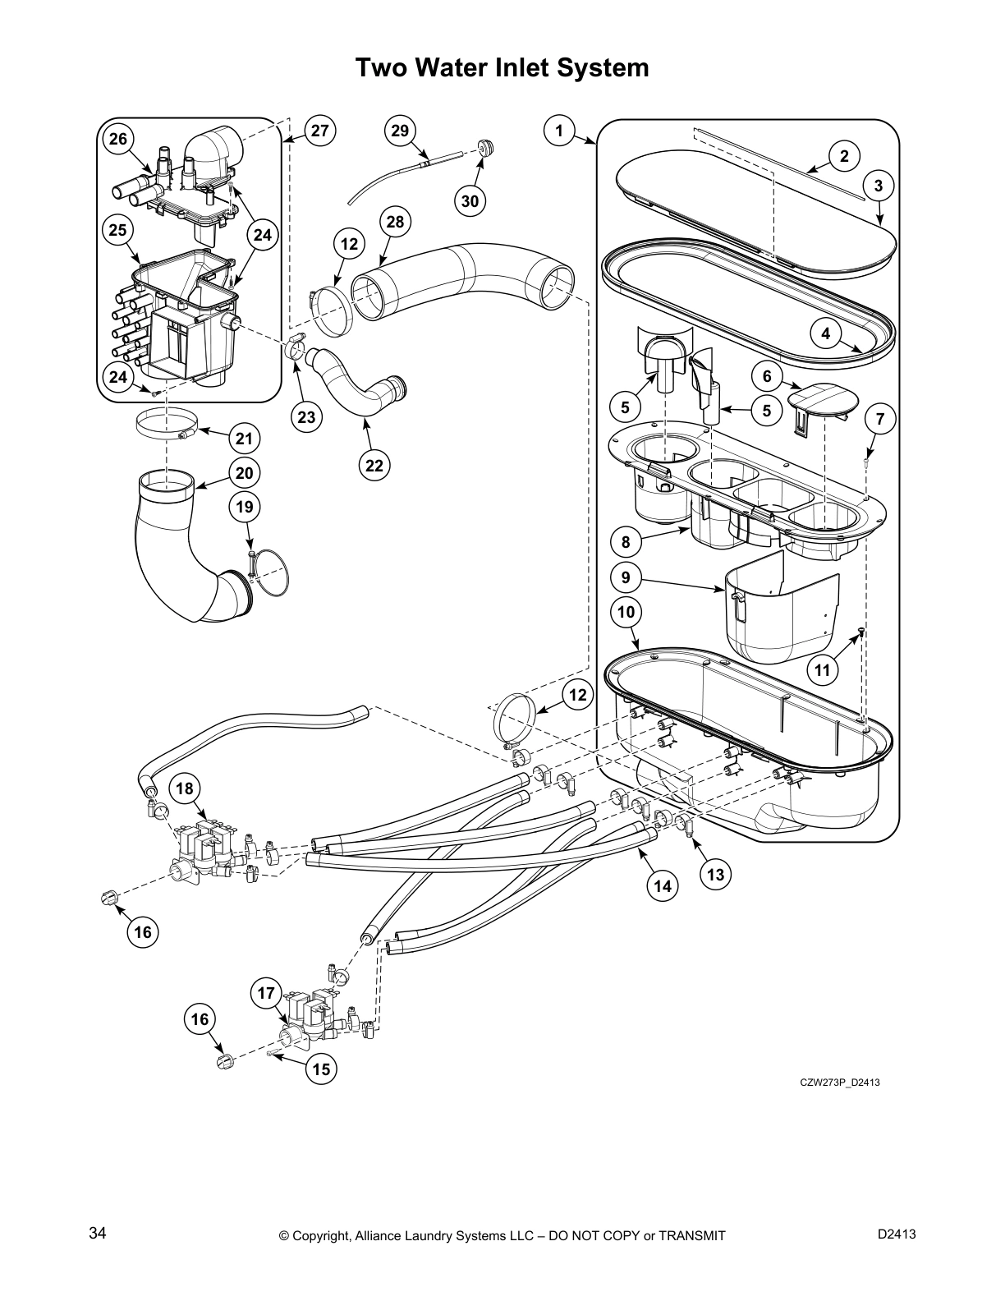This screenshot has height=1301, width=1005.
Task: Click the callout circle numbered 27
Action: (x=320, y=131)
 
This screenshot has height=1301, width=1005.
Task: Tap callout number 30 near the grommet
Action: (x=470, y=200)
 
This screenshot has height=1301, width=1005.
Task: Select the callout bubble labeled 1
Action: (x=559, y=131)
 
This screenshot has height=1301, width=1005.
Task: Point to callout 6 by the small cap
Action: (x=767, y=376)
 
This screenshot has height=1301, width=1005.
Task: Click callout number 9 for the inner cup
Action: (x=626, y=577)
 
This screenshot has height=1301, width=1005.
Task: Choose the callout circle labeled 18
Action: (x=185, y=788)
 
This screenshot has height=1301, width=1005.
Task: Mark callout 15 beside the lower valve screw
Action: (x=321, y=1069)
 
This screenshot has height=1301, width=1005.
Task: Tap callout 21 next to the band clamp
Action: (x=244, y=439)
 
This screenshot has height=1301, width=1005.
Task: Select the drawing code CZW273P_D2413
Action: (x=840, y=1082)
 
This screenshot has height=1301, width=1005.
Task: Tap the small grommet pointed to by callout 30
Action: (x=486, y=148)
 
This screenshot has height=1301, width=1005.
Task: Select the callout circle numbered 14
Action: (x=663, y=885)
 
